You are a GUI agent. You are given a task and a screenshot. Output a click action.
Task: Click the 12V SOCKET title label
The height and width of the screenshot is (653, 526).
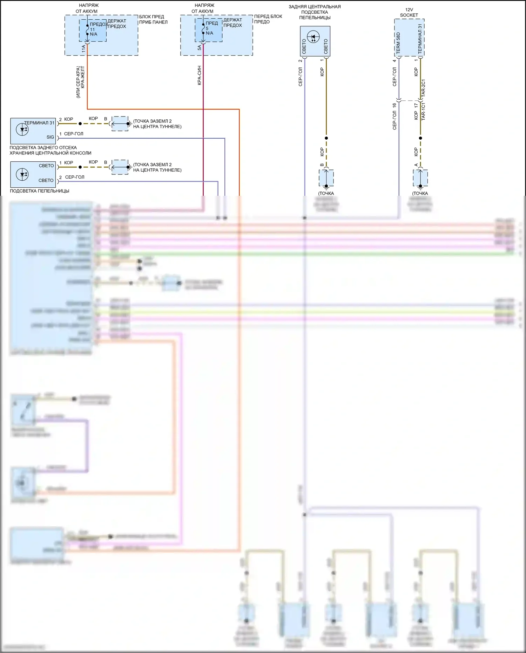click(409, 12)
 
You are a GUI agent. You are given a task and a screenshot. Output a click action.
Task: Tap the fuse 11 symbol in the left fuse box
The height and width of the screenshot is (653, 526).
click(87, 30)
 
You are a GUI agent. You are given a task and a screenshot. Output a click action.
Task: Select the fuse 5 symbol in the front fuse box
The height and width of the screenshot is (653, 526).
click(203, 29)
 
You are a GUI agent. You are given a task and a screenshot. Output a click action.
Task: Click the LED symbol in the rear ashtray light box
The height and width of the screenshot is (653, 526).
click(313, 36)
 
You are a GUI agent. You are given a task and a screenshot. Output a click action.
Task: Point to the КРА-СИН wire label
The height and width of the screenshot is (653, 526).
click(199, 75)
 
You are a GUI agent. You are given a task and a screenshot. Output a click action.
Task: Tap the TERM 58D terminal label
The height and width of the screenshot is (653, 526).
click(398, 43)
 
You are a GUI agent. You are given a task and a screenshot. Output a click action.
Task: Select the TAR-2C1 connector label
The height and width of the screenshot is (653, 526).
click(423, 88)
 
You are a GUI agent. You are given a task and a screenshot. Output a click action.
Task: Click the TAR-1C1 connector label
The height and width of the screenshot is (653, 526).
click(423, 111)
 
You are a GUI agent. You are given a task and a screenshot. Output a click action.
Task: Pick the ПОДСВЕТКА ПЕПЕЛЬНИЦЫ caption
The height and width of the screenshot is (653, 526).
click(40, 191)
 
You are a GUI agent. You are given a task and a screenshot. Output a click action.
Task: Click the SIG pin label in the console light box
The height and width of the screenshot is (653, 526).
click(50, 137)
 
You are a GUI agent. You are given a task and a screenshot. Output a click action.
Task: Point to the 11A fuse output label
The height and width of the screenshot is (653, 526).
click(83, 48)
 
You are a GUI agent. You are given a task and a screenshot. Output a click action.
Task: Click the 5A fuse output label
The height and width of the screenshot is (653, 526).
click(199, 47)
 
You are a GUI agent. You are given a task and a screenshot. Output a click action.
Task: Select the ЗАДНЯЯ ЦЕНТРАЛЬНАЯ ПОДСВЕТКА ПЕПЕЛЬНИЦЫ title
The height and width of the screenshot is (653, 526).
click(315, 12)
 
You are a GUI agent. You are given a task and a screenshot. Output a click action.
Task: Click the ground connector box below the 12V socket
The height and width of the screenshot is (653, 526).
click(420, 178)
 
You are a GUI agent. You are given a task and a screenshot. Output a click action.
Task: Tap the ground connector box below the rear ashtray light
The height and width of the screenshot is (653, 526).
click(326, 178)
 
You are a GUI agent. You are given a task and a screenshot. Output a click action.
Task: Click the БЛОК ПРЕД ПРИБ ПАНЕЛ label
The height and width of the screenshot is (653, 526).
click(153, 19)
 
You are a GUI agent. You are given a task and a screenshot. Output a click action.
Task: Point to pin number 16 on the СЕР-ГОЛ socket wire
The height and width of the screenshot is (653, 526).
click(394, 105)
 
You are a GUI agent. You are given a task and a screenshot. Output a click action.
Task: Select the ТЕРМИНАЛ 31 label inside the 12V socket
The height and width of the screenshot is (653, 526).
click(420, 39)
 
